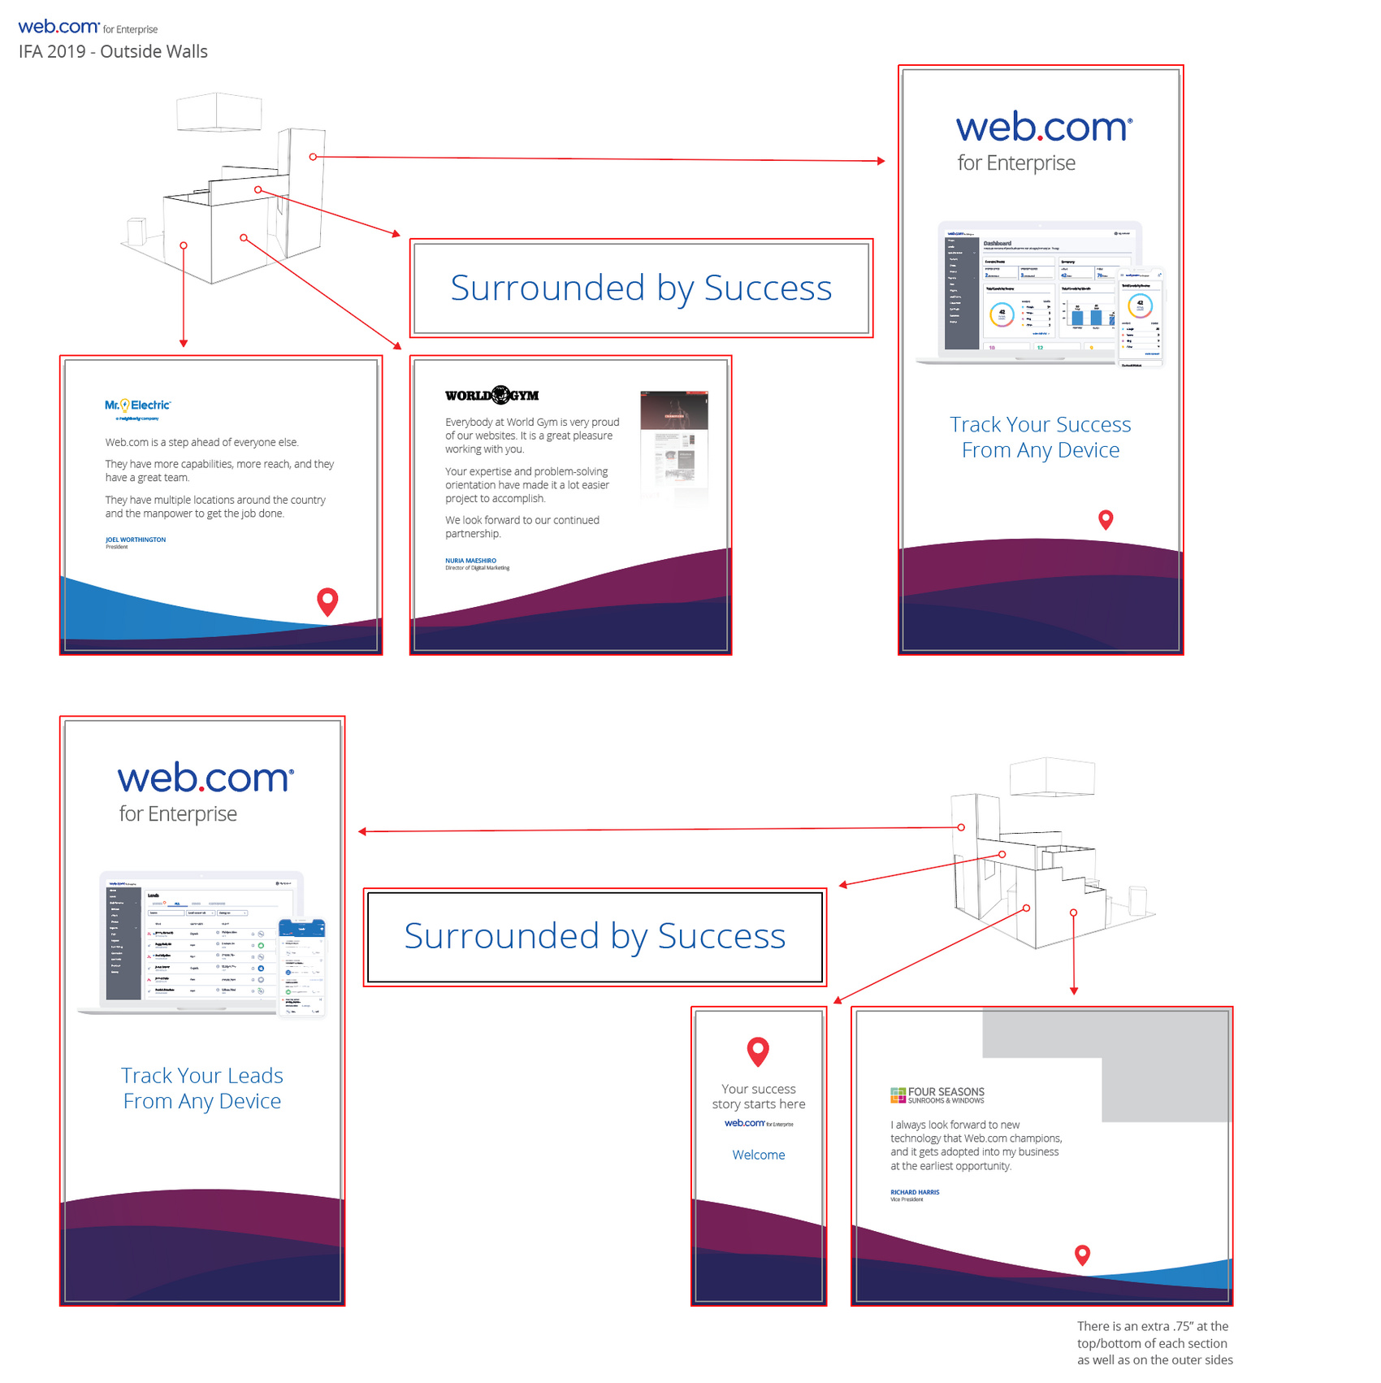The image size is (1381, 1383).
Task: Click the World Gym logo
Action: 491,396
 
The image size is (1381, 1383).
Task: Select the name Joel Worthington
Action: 136,540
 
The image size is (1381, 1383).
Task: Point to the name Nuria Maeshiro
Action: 470,561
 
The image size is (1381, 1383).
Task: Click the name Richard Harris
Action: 915,1193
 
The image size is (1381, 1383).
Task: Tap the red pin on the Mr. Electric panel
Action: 327,600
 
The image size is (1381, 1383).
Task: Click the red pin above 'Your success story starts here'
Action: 758,1050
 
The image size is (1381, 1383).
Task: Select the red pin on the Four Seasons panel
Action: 1082,1254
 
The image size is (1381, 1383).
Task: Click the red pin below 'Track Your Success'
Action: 1106,518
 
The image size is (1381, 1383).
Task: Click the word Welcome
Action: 759,1155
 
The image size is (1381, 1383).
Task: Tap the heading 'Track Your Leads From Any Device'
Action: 202,1088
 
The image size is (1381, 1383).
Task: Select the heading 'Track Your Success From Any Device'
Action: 1041,437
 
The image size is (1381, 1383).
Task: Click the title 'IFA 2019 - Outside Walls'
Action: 113,52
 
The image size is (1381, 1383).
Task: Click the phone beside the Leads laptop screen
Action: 302,968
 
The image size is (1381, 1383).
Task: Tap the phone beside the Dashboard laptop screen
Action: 1141,317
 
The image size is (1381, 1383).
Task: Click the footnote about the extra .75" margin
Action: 1154,1342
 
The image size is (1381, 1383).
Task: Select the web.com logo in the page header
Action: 58,27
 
